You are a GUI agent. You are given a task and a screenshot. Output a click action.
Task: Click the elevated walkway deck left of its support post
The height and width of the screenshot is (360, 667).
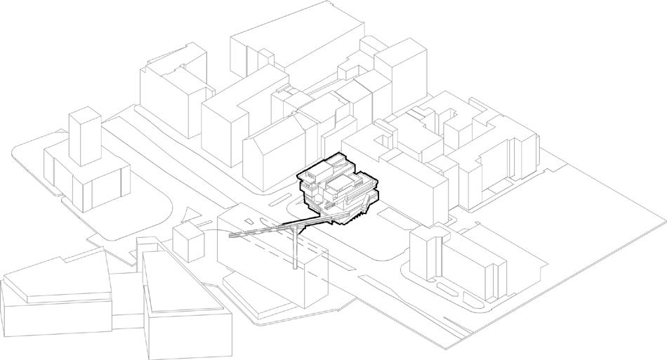click(x=260, y=232)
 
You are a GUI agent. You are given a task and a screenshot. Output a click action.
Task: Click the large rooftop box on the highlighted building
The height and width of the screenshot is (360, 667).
click(x=342, y=184)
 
